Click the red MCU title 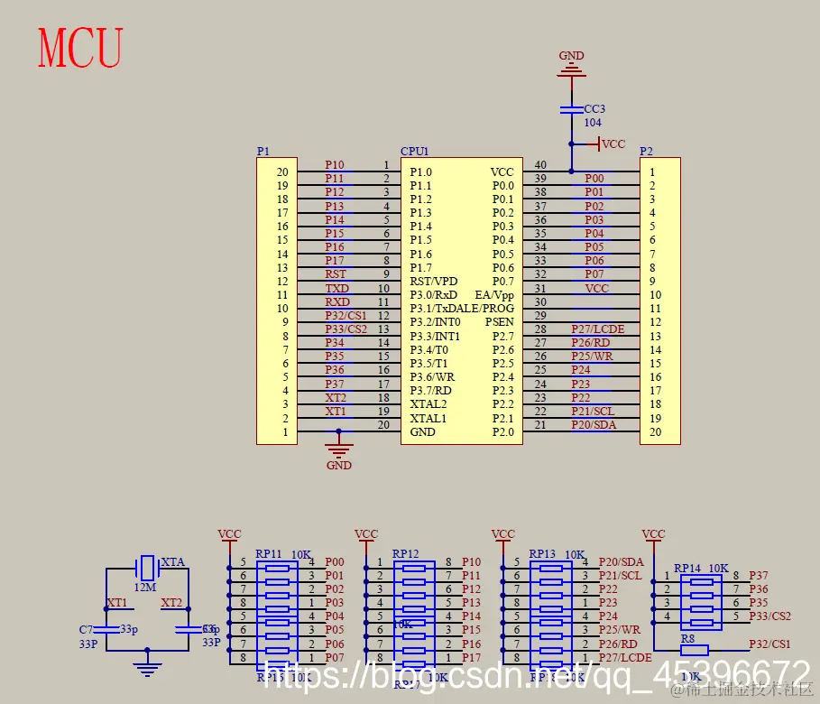pyautogui.click(x=80, y=49)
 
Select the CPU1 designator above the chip pyautogui.click(x=415, y=152)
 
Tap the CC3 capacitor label pyautogui.click(x=594, y=109)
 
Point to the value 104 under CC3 pyautogui.click(x=593, y=123)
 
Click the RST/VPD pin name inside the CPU pyautogui.click(x=433, y=281)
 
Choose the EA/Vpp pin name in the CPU pyautogui.click(x=494, y=295)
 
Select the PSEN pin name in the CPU pyautogui.click(x=499, y=322)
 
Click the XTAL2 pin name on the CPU pyautogui.click(x=428, y=404)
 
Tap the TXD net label pyautogui.click(x=336, y=288)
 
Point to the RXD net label pyautogui.click(x=336, y=302)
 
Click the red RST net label pyautogui.click(x=336, y=274)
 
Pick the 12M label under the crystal pyautogui.click(x=144, y=587)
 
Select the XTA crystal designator pyautogui.click(x=172, y=562)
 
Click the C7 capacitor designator pyautogui.click(x=86, y=629)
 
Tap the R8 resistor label pyautogui.click(x=688, y=638)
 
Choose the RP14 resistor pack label pyautogui.click(x=687, y=569)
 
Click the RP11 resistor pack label pyautogui.click(x=269, y=554)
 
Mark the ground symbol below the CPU pyautogui.click(x=338, y=448)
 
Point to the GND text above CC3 pyautogui.click(x=571, y=55)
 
